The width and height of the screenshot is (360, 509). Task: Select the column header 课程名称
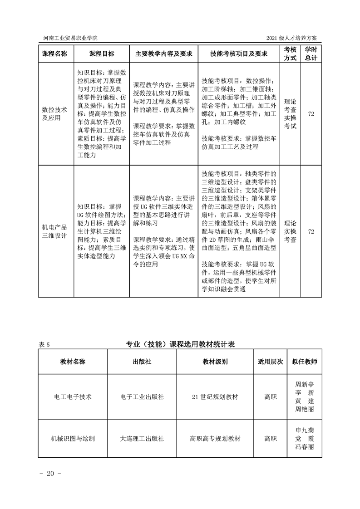[x=54, y=54]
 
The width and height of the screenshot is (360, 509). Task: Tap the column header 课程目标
[x=101, y=54]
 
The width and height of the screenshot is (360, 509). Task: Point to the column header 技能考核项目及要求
[x=238, y=54]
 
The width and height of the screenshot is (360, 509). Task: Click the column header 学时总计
[x=311, y=54]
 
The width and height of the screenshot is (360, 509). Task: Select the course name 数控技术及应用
[x=54, y=113]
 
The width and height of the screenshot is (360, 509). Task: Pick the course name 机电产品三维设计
[x=54, y=231]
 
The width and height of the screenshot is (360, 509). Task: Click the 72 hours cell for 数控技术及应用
[x=311, y=113]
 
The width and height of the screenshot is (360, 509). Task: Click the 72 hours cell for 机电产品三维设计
[x=311, y=231]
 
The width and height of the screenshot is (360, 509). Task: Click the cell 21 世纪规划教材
[x=215, y=396]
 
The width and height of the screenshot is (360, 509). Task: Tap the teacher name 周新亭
[x=305, y=384]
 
